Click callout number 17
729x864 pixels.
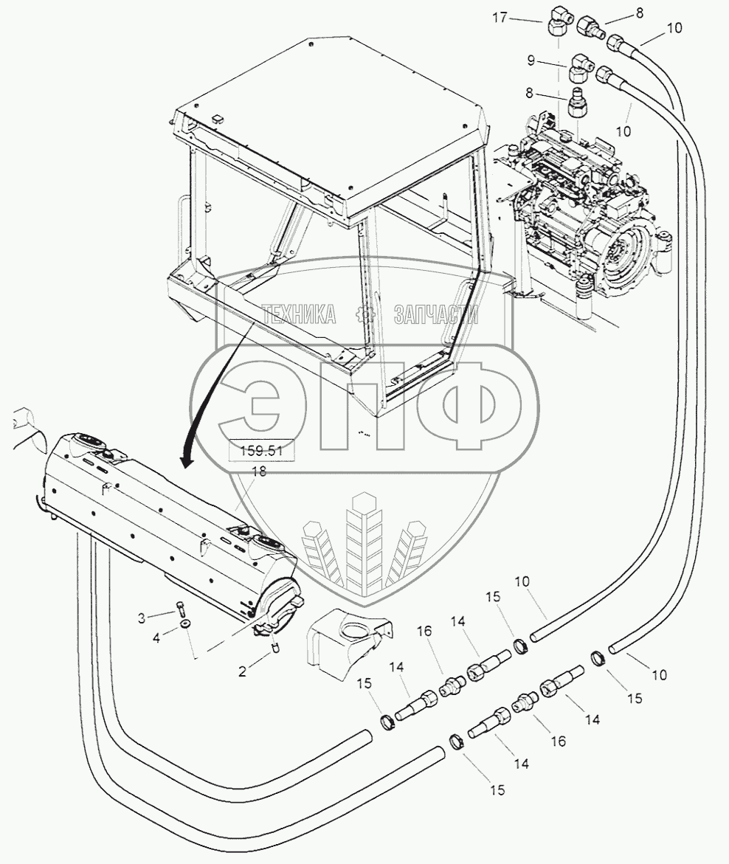pos(501,18)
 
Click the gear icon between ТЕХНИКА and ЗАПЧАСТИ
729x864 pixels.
pos(363,315)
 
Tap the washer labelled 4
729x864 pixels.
pos(183,626)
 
